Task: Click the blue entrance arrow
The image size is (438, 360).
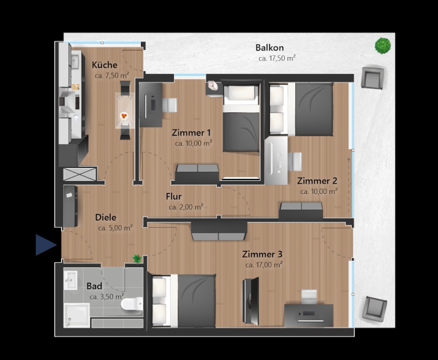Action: pos(46,245)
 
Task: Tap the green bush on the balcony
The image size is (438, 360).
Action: pos(382,46)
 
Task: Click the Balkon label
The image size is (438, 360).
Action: pos(269,48)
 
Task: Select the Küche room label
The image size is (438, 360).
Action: pos(104,65)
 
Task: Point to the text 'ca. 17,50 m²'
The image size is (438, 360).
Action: pos(277,58)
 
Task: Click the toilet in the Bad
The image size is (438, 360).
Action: pos(132,304)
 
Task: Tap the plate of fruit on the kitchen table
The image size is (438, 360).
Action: pos(124,115)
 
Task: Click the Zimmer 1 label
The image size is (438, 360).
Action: pos(191,132)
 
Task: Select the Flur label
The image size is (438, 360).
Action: pos(173,197)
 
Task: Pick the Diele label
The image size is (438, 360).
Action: pos(106,217)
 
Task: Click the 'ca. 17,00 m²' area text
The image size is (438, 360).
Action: pos(263,265)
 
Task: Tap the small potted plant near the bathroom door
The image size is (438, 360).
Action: pos(137,258)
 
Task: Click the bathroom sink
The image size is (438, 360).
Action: pos(70,280)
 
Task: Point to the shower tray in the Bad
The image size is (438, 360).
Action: pos(77,315)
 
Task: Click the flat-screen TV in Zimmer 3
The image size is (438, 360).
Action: pos(251,301)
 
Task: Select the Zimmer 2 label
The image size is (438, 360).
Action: pos(317,181)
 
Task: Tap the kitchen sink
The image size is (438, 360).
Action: pos(75,62)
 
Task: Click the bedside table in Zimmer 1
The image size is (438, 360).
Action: pos(213,89)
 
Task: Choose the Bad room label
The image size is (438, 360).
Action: pos(94,286)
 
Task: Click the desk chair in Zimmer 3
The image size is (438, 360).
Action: pos(310,297)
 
